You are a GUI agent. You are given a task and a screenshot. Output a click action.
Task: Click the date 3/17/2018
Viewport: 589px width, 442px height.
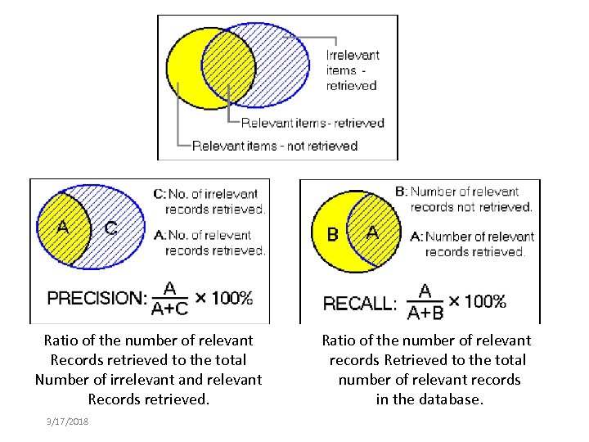[x=69, y=422]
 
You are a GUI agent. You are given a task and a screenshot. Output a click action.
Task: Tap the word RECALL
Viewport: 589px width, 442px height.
[x=359, y=304]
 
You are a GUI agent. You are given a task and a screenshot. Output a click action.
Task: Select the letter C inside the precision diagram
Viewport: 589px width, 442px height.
[x=110, y=228]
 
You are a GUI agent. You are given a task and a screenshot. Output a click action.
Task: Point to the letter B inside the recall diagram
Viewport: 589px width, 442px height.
[x=332, y=234]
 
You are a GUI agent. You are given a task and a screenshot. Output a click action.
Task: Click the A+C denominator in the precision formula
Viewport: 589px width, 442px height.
[x=170, y=308]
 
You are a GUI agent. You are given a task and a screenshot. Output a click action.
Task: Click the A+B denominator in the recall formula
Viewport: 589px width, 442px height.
[x=425, y=312]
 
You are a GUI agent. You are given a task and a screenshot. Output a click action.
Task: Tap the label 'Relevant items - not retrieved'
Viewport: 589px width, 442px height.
[x=275, y=146]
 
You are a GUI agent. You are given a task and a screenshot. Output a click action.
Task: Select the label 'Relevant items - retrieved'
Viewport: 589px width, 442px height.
[x=312, y=123]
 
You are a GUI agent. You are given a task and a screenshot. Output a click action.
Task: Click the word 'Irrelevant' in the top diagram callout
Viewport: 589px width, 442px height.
[x=353, y=56]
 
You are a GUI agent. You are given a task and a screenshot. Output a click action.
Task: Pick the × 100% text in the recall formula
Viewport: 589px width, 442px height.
[x=475, y=300]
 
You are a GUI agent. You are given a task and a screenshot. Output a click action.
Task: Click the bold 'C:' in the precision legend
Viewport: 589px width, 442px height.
[x=160, y=194]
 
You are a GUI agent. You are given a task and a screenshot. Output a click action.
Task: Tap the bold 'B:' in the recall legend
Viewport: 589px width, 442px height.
[x=401, y=192]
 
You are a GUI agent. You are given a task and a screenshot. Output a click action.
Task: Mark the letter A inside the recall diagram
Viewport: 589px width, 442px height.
[x=372, y=232]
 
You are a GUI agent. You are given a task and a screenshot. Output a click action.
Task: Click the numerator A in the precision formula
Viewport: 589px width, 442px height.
[x=170, y=288]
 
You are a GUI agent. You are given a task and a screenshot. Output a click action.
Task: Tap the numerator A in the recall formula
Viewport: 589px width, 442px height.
[x=425, y=291]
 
